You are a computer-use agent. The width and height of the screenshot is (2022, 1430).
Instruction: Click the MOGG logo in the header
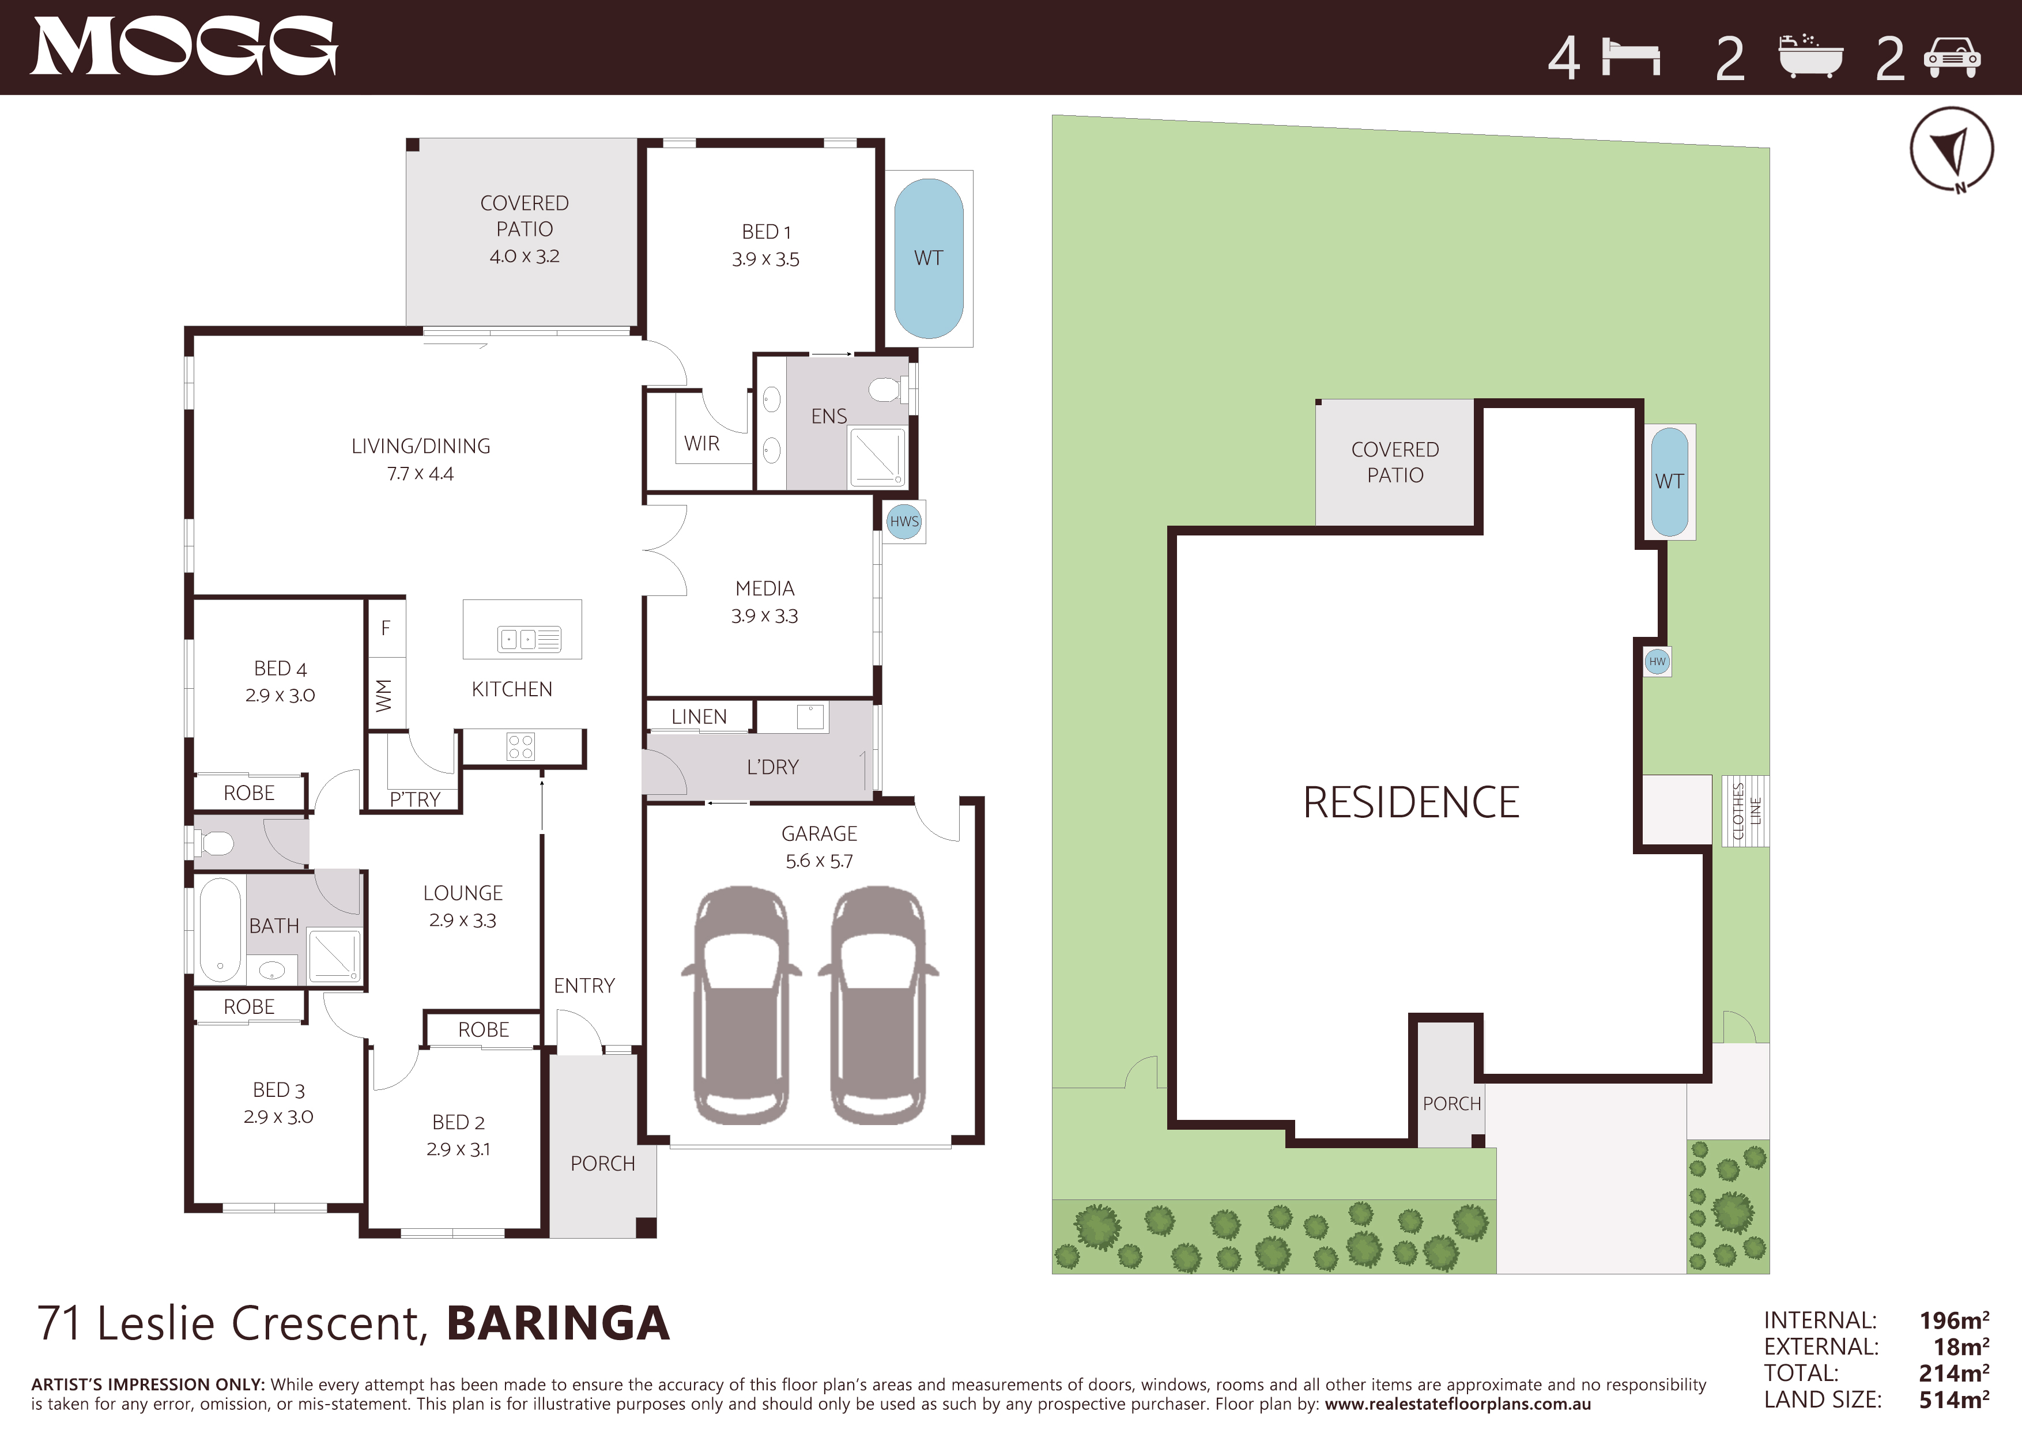pos(184,47)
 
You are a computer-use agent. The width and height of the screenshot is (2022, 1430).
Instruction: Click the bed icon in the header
pos(1631,57)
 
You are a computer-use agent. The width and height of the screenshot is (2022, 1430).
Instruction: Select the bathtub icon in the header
pos(1810,56)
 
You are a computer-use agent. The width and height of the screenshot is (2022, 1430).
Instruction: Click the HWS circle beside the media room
pos(904,521)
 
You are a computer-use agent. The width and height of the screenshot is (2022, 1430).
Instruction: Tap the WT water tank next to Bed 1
pos(928,258)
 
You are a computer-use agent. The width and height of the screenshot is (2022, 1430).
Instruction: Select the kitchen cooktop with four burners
pos(520,746)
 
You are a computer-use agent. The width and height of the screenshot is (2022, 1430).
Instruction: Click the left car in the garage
pos(741,1006)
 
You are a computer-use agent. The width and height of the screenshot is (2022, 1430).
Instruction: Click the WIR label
pos(702,444)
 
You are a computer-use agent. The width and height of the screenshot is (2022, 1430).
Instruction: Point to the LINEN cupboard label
pos(699,717)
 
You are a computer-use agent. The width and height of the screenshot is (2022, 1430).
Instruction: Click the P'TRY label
pos(415,799)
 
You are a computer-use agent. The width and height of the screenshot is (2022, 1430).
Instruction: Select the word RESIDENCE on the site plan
pos(1411,802)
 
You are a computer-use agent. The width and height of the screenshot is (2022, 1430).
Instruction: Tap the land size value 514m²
pos(1954,1399)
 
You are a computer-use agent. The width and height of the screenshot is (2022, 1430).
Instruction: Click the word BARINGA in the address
pos(559,1323)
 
